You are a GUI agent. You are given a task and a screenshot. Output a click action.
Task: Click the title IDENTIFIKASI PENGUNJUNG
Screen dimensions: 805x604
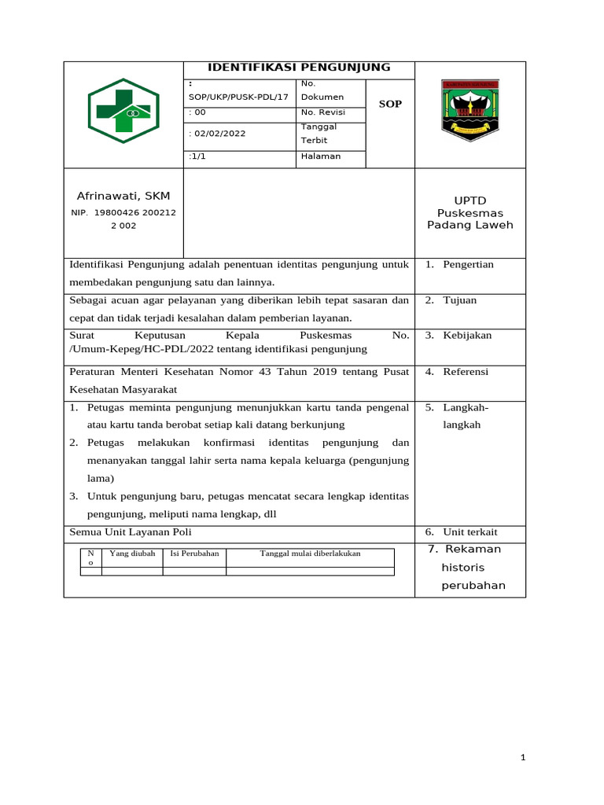299,68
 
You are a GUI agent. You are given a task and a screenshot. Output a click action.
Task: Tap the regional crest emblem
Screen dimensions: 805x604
470,110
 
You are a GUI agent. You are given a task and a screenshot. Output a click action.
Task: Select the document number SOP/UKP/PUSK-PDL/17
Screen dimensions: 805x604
239,97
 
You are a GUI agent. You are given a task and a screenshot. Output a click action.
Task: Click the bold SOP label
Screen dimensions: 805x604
390,104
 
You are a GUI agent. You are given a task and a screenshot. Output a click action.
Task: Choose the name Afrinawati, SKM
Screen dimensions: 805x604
123,195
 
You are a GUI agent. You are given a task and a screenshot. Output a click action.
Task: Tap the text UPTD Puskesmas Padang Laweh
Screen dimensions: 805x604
470,213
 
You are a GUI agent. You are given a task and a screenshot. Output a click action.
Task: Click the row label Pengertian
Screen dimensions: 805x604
468,264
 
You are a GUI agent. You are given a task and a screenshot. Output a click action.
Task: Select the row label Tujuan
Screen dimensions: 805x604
459,300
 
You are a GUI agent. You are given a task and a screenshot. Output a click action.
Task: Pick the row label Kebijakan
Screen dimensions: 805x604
467,335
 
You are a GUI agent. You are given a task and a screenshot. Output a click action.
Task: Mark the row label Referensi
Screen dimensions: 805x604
466,371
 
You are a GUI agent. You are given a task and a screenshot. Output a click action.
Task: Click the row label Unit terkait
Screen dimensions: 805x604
470,532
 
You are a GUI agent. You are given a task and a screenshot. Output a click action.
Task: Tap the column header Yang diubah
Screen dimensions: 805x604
132,553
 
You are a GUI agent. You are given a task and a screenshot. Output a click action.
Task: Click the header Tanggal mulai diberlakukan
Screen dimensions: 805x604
310,553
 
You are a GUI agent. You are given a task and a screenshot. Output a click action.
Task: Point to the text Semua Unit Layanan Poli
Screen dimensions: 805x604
125,532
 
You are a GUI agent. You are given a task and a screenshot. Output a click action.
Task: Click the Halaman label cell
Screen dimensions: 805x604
321,156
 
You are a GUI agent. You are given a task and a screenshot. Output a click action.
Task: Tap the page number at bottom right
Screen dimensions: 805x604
522,758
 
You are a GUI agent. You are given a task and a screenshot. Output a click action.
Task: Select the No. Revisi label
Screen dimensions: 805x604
322,112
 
